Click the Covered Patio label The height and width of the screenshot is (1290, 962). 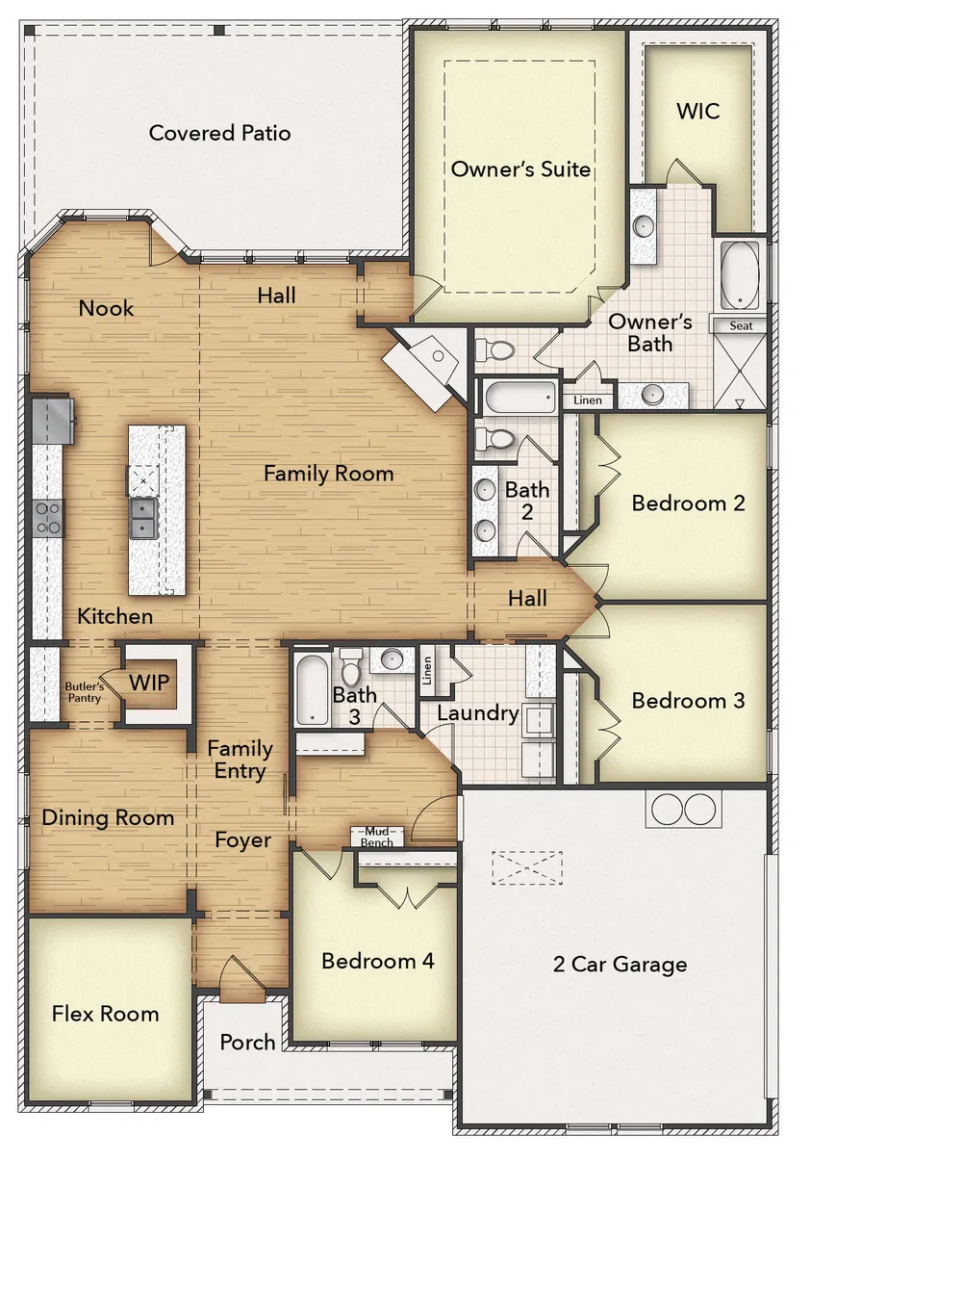[219, 134]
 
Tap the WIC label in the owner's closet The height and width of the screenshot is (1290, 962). [697, 111]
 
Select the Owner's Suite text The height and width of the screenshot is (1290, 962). [520, 169]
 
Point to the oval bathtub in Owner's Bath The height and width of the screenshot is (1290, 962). [740, 275]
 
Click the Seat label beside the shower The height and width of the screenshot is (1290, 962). [741, 325]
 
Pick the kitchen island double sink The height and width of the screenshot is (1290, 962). [142, 518]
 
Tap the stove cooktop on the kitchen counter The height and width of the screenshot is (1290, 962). [47, 518]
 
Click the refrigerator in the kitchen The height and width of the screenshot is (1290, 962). [53, 420]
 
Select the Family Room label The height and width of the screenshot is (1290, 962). [328, 474]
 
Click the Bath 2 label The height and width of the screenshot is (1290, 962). [527, 501]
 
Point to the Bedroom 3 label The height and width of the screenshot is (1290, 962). [688, 701]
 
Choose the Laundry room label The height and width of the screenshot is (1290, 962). [477, 713]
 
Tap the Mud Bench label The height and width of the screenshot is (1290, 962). [376, 837]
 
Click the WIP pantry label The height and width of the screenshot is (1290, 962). [149, 683]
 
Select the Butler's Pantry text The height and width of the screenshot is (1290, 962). [85, 692]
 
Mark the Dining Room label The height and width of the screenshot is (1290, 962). [108, 818]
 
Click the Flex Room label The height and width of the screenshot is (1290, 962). [105, 1014]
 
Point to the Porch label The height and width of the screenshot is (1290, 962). [247, 1043]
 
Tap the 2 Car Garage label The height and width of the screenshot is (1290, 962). [620, 965]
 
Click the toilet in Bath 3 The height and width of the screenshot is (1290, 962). [351, 668]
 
